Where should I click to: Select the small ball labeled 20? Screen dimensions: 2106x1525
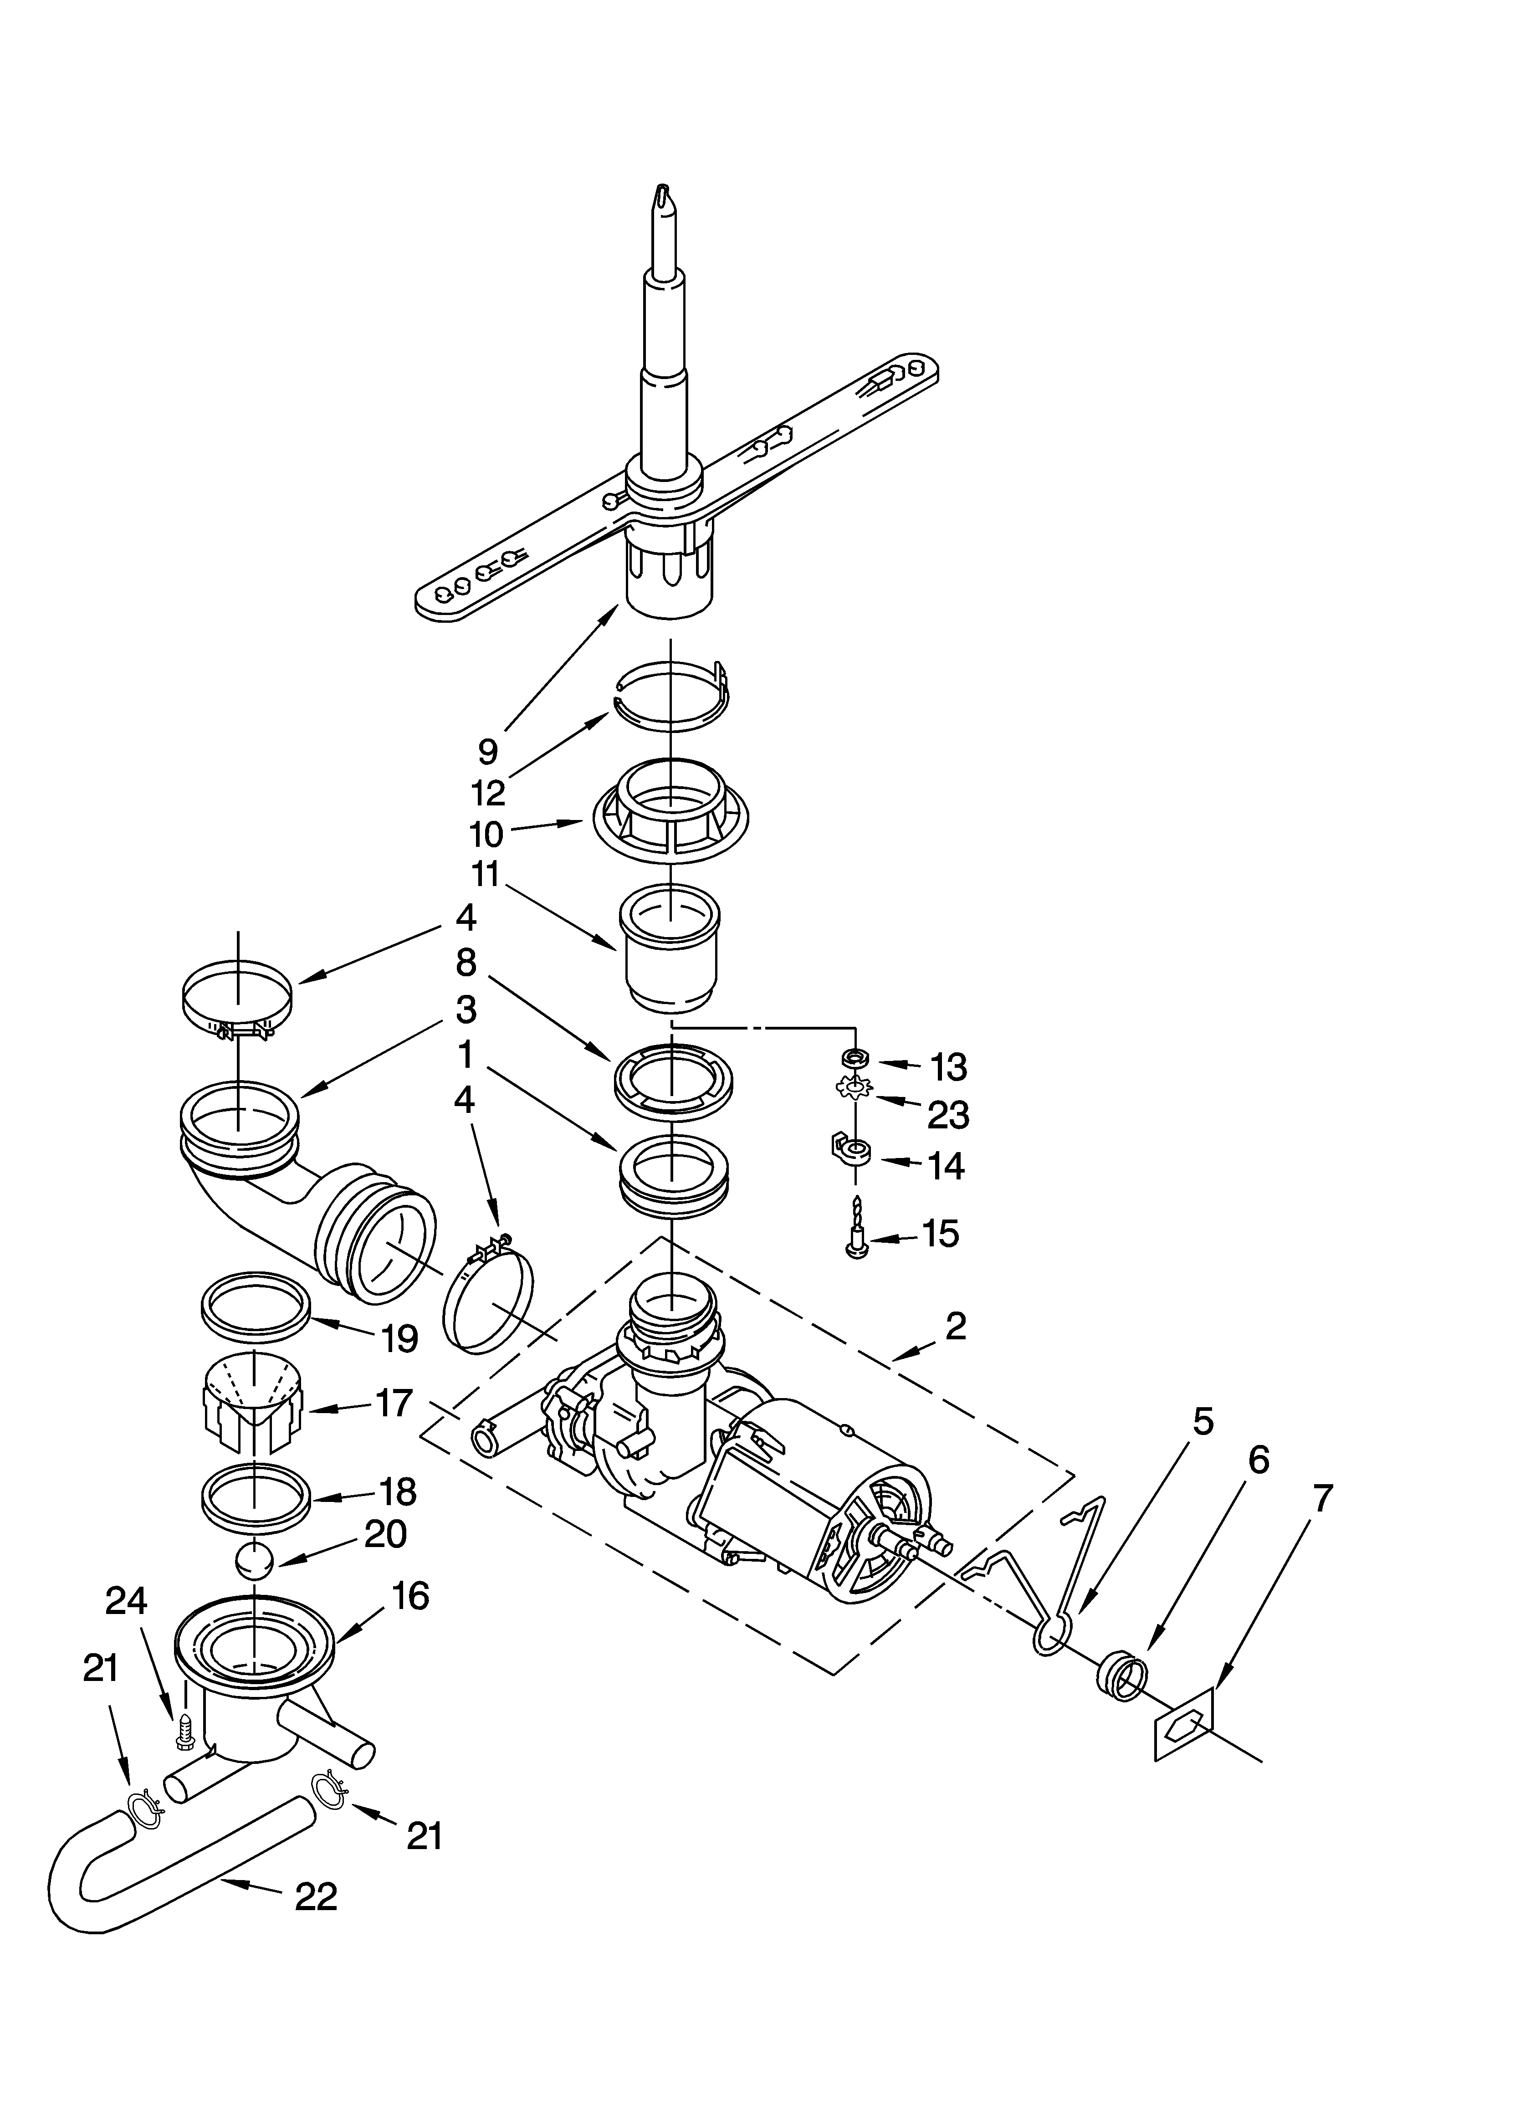click(254, 1560)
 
